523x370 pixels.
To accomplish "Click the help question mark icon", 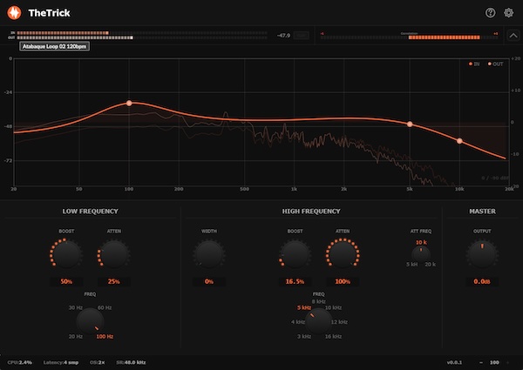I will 490,12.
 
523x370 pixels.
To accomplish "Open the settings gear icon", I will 509,12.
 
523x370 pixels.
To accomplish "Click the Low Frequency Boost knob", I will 66,254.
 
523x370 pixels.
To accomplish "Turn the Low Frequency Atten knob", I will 113,254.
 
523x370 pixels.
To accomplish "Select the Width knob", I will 209,254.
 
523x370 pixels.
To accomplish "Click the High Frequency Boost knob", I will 295,254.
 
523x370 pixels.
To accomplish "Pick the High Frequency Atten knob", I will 342,254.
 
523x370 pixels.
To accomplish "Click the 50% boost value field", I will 66,282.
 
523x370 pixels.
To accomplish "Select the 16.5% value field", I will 295,282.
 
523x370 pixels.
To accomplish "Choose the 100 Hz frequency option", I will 105,336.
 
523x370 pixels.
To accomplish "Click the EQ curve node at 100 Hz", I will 129,103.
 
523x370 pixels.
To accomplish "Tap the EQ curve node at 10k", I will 459,140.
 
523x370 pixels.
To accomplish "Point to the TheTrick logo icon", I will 14,12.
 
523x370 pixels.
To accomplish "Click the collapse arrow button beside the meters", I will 513,36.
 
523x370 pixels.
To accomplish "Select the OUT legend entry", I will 495,64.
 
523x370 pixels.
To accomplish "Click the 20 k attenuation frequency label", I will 430,263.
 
